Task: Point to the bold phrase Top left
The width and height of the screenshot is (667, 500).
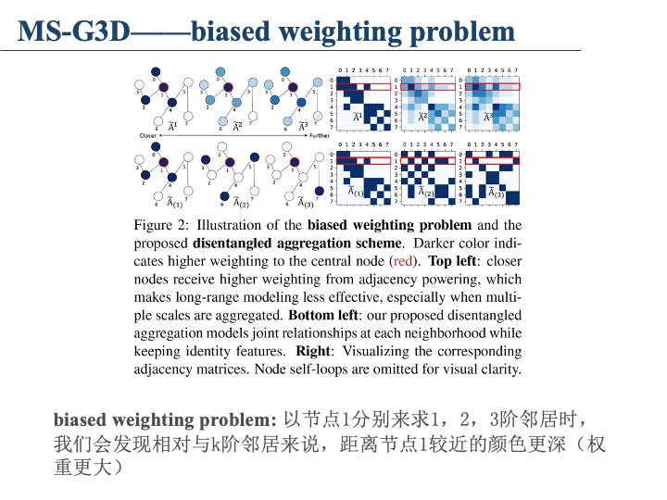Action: tap(453, 260)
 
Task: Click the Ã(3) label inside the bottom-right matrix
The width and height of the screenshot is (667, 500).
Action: tap(496, 193)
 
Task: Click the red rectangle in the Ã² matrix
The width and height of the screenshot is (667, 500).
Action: tap(427, 86)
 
